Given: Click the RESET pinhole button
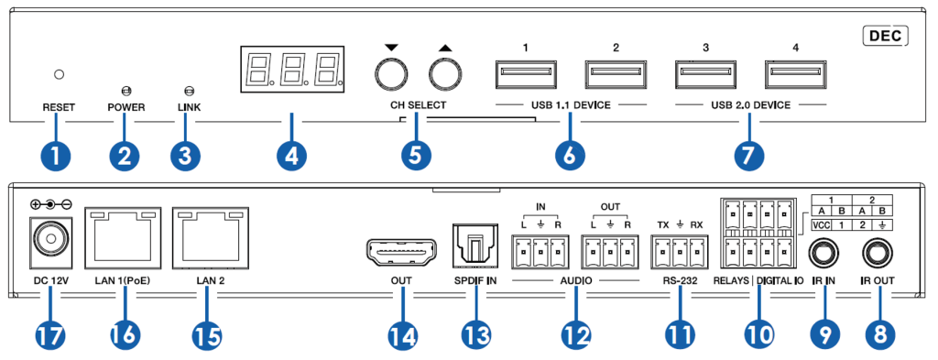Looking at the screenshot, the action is (59, 75).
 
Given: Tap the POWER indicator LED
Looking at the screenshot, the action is (125, 91).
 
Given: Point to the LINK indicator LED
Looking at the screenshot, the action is (188, 91).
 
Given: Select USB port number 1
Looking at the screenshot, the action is (524, 74).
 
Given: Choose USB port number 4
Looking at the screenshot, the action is (795, 74).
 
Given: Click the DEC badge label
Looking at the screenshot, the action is (886, 37).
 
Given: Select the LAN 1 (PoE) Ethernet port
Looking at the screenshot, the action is (124, 239).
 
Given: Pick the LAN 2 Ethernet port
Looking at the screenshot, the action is (210, 239).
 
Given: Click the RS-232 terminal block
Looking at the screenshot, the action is (679, 252).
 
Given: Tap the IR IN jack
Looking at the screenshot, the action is (825, 254).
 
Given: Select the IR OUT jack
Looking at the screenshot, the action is (879, 254).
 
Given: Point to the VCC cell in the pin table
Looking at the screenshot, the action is (822, 225).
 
